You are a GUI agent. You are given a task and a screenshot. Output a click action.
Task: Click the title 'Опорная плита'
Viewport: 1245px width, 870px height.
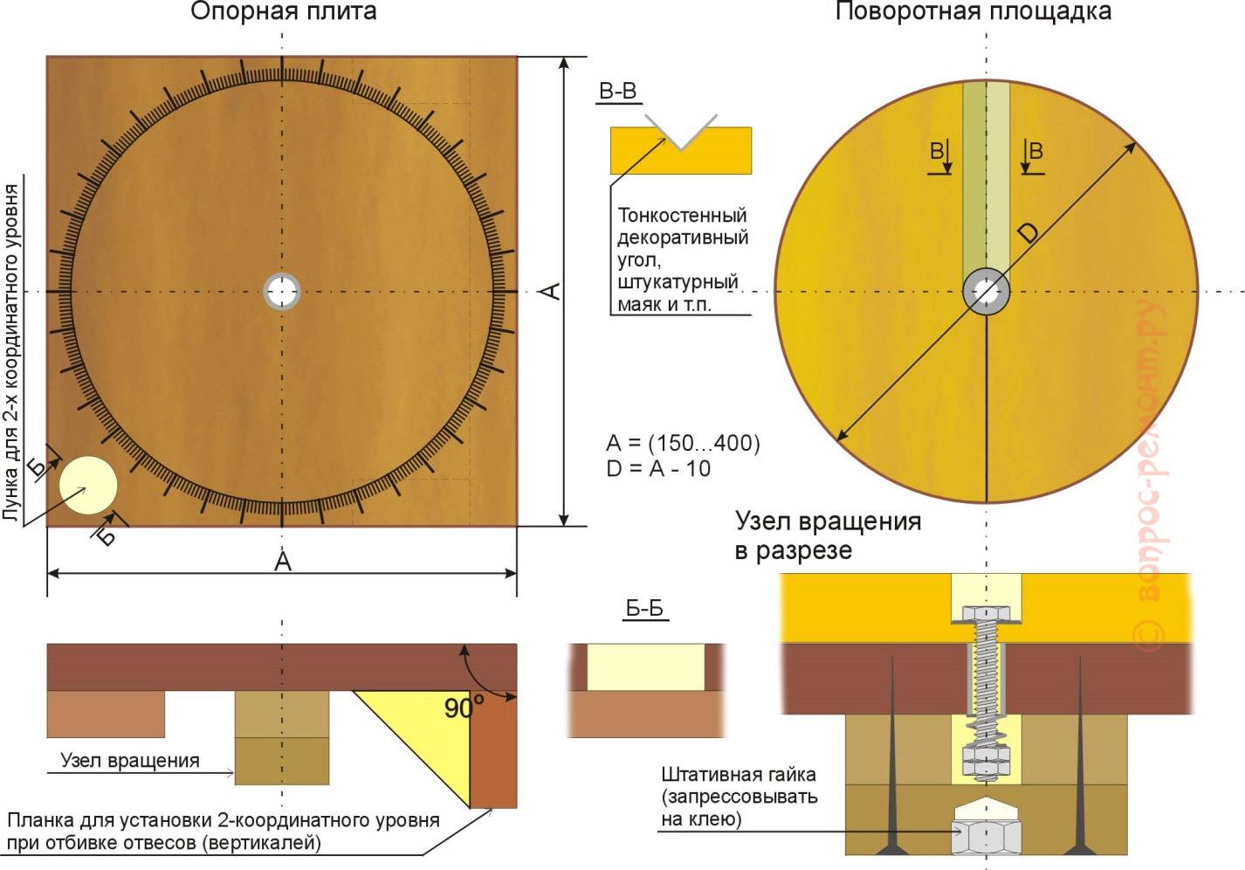(284, 11)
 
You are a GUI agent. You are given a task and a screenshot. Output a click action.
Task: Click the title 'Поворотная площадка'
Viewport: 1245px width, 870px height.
(973, 11)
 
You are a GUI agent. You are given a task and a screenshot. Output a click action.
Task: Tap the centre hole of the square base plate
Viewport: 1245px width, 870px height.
(282, 291)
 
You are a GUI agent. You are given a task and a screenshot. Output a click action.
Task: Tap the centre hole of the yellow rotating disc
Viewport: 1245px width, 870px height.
(987, 292)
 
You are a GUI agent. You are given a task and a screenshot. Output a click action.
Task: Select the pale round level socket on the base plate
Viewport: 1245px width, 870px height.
(88, 485)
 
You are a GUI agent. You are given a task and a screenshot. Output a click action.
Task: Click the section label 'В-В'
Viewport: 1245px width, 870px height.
(617, 92)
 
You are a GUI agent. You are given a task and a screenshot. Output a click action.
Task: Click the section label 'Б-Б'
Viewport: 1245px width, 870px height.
(644, 609)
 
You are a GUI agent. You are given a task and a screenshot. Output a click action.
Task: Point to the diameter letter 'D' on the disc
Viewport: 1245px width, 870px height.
(1028, 232)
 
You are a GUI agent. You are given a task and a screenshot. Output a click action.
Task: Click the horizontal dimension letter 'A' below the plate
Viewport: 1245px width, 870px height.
(282, 562)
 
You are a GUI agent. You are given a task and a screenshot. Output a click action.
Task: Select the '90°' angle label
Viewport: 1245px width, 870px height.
(463, 708)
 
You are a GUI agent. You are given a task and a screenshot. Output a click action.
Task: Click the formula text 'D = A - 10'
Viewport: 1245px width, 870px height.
(658, 469)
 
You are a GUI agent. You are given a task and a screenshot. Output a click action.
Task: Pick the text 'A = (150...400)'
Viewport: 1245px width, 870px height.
(683, 443)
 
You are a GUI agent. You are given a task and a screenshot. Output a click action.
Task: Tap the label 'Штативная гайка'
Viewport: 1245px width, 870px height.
(738, 774)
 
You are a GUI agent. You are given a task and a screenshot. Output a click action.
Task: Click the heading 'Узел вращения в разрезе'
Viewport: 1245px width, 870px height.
(827, 535)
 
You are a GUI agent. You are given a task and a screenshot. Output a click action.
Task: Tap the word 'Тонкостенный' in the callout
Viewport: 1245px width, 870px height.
(682, 215)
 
